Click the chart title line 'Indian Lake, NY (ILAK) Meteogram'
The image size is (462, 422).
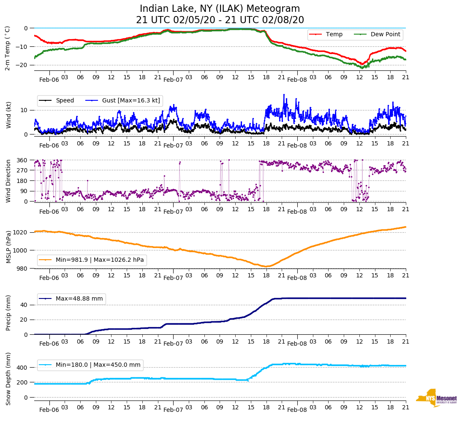[220, 9]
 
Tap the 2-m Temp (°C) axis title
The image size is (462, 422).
[8, 48]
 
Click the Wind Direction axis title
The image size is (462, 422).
[8, 181]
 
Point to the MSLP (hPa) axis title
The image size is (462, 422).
[8, 247]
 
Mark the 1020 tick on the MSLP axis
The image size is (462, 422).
[21, 232]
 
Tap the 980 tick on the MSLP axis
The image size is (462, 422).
[23, 269]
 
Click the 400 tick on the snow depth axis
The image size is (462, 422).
[23, 368]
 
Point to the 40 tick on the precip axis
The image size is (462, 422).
[24, 305]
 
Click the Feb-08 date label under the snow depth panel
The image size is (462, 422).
[297, 410]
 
